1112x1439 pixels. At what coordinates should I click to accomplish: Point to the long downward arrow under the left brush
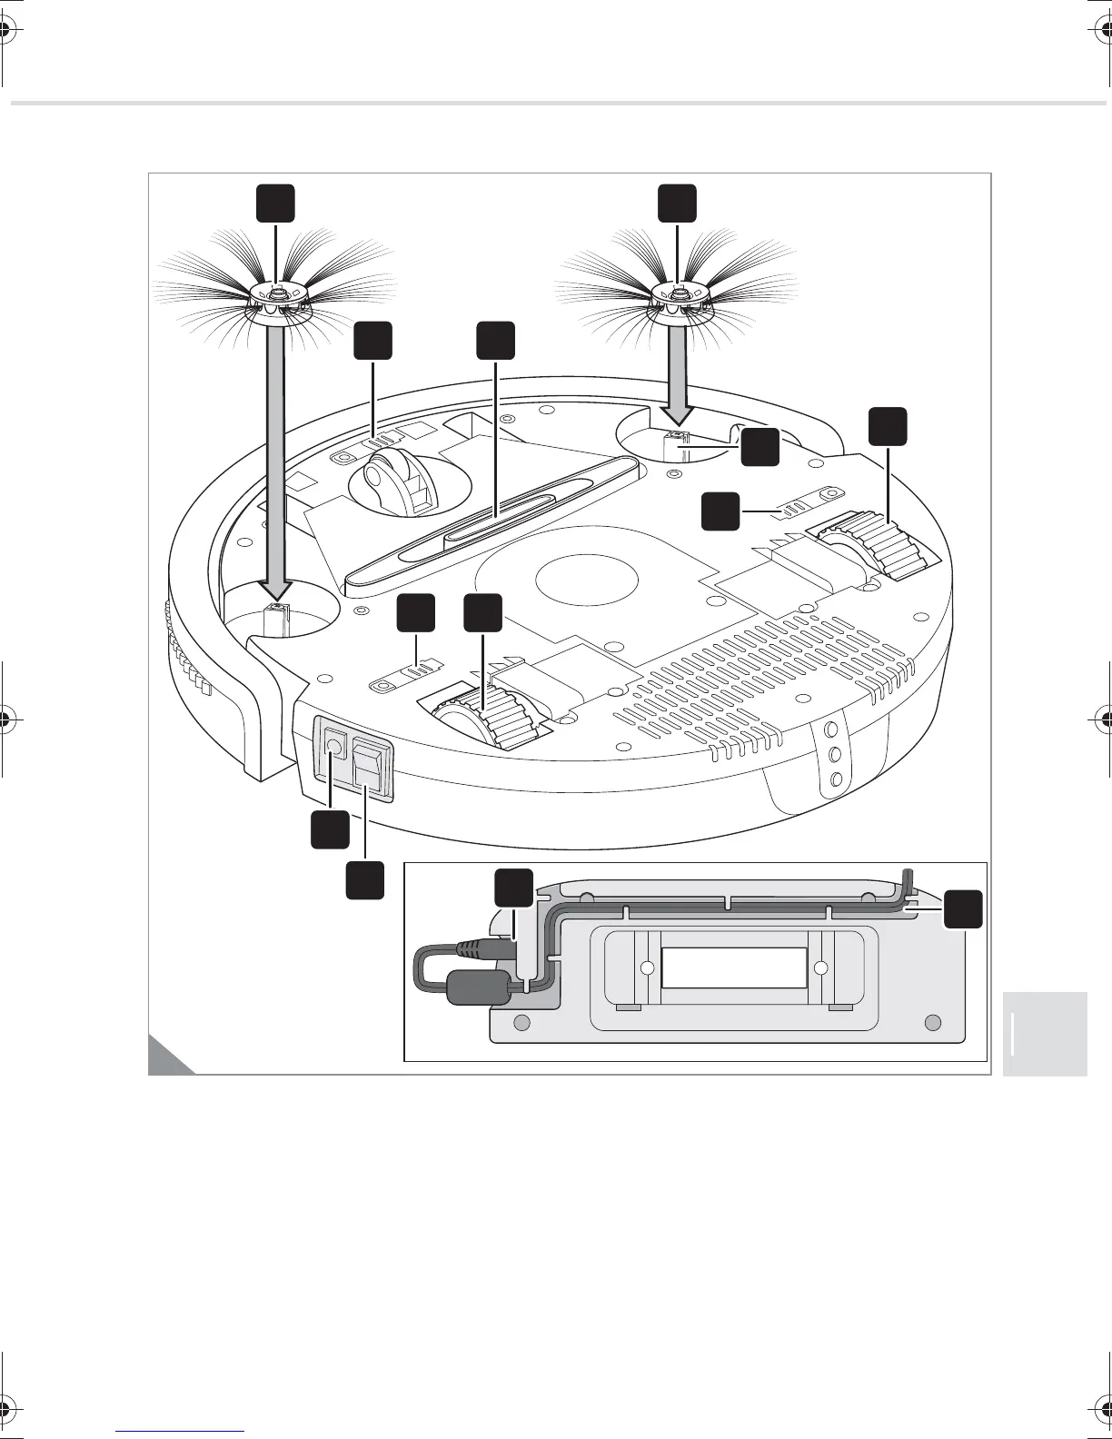point(274,454)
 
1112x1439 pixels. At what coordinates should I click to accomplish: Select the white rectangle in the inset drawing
point(733,968)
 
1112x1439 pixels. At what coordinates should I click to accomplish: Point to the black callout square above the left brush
point(274,203)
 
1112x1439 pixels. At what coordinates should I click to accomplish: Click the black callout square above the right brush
point(678,203)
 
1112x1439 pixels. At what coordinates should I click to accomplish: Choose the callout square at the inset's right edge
point(962,909)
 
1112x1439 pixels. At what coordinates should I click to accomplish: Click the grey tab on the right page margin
point(1045,1034)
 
